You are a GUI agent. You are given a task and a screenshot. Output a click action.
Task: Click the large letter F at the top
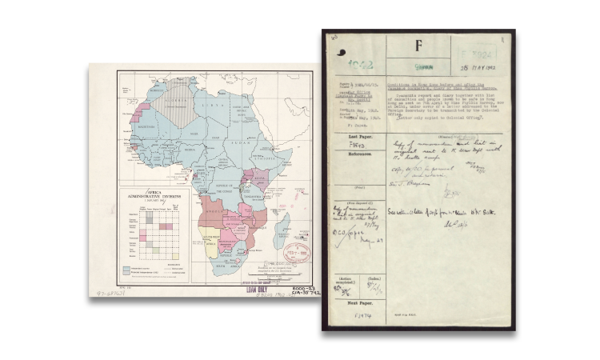click(417, 46)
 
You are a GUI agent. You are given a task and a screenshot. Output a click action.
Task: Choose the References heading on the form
click(358, 154)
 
